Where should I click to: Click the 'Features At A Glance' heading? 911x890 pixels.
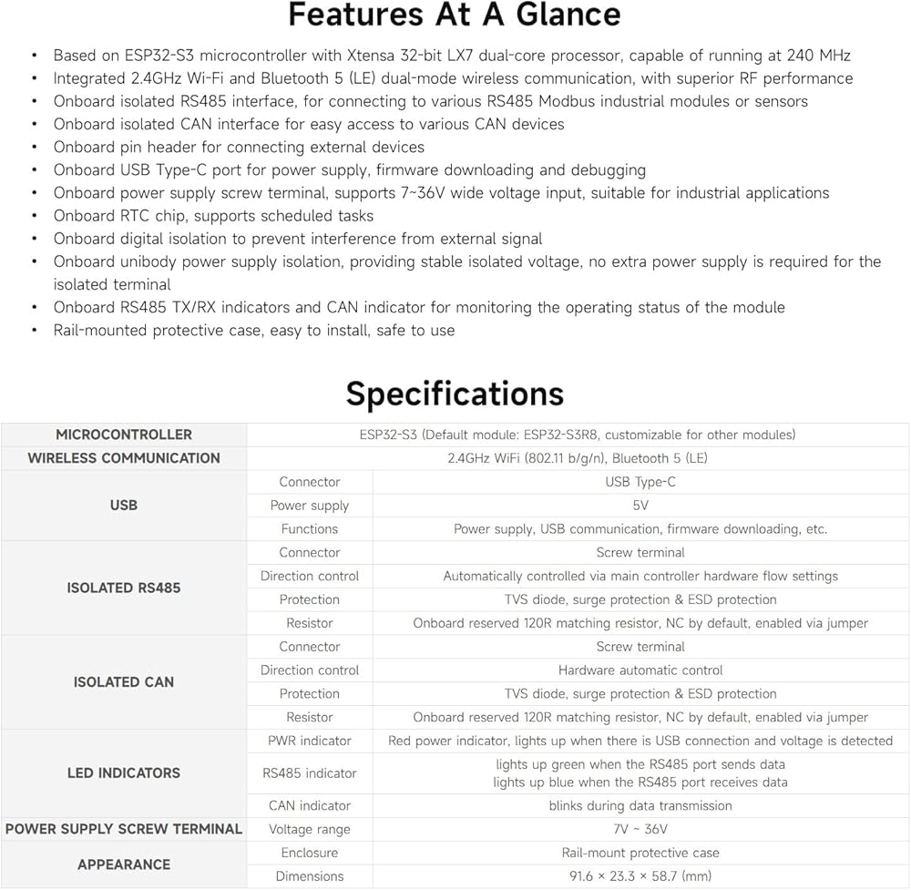pos(455,15)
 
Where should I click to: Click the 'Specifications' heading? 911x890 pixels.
pos(455,394)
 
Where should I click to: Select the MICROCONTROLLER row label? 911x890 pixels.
pos(124,435)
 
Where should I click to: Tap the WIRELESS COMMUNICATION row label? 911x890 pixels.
pos(124,458)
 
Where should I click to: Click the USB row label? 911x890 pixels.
pos(124,505)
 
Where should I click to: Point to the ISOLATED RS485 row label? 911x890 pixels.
pos(124,588)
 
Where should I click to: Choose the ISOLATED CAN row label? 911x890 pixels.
pos(124,681)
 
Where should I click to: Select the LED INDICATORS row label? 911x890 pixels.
pos(124,772)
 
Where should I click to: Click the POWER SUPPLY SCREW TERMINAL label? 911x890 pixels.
pos(124,829)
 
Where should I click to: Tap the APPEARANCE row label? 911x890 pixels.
pos(124,864)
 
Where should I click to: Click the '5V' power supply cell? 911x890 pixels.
pos(640,506)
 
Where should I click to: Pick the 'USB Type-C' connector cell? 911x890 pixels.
pos(640,482)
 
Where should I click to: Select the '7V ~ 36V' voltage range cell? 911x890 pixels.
pos(640,829)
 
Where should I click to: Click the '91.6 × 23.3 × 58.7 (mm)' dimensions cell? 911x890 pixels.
pos(640,876)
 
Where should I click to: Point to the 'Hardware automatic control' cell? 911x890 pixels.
pos(640,670)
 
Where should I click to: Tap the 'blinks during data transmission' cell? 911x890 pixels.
pos(640,805)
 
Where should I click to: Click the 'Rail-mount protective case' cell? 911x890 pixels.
pos(640,853)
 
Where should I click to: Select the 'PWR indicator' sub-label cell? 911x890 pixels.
pos(310,741)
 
